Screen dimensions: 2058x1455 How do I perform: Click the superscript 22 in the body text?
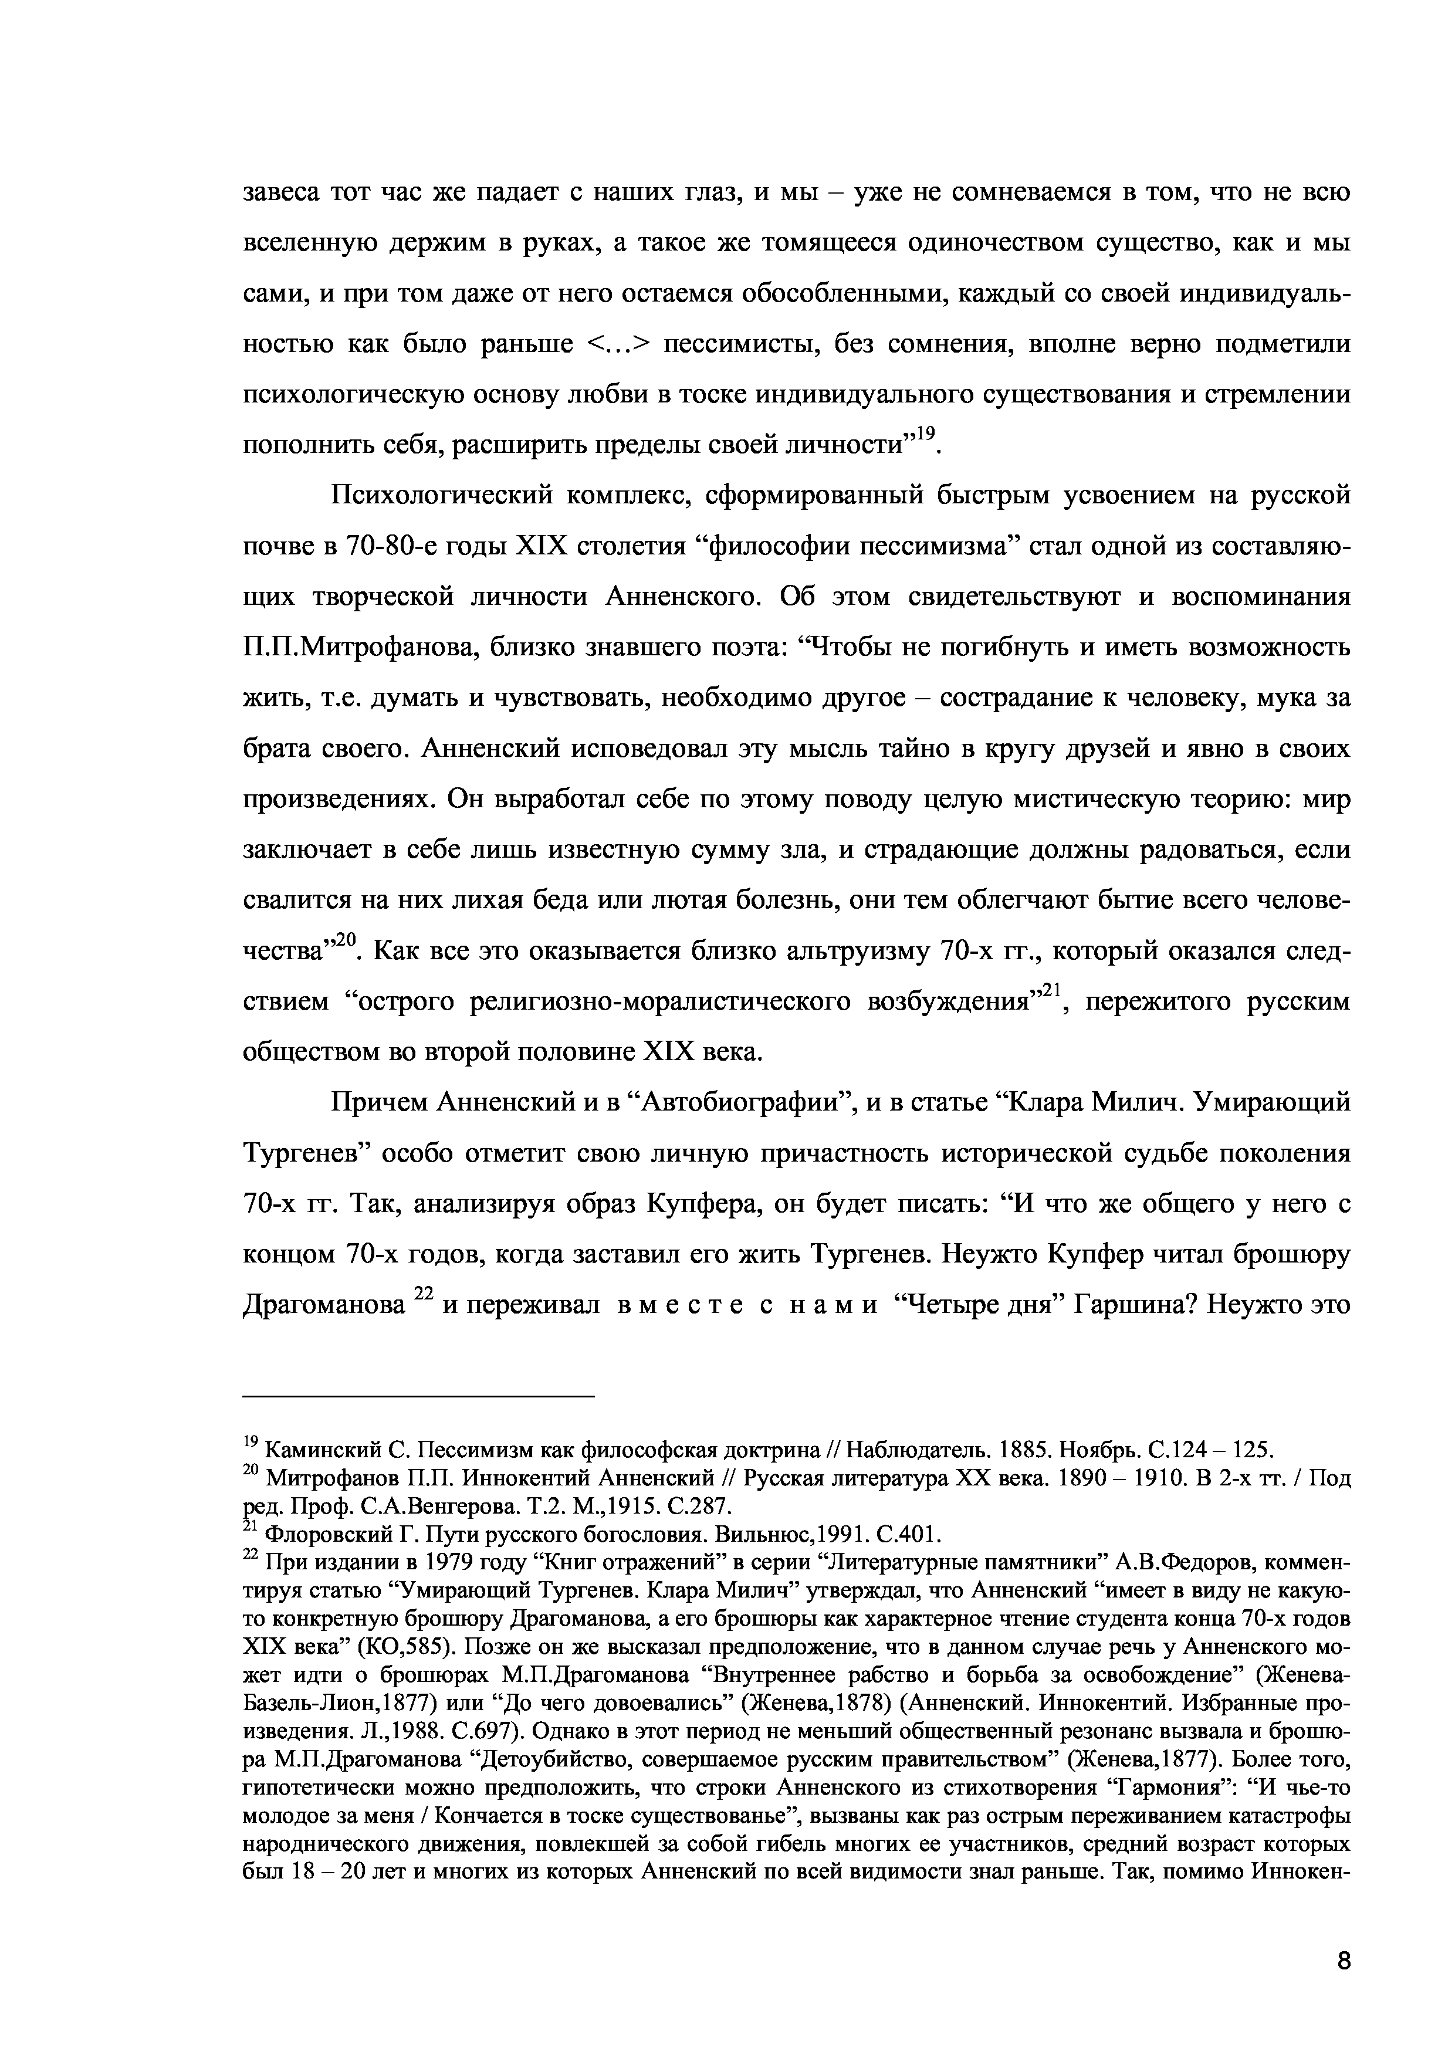[423, 1294]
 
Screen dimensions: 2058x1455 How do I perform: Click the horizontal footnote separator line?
[419, 1396]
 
